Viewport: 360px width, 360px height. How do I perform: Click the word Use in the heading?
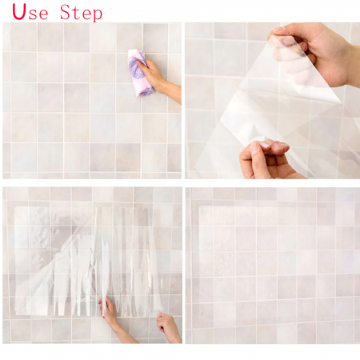point(30,12)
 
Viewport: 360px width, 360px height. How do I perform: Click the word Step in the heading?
point(81,13)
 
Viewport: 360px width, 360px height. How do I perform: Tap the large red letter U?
point(19,12)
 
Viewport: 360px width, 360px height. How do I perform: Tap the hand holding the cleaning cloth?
point(150,73)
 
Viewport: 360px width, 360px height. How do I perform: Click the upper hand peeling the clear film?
point(314,54)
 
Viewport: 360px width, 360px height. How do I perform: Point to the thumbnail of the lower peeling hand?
point(258,150)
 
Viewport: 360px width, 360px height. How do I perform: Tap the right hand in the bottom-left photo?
point(167,326)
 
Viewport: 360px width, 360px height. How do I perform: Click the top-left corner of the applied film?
point(198,206)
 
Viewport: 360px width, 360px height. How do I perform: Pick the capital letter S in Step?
point(65,12)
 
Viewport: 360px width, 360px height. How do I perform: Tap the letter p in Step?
point(98,15)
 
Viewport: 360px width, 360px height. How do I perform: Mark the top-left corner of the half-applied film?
point(14,206)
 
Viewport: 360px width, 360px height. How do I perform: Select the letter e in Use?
point(43,14)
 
